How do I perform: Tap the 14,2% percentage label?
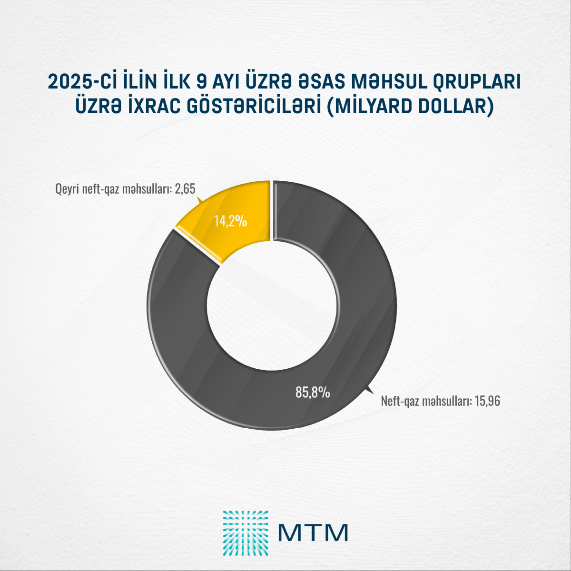(230, 221)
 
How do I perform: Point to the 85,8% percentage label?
(313, 393)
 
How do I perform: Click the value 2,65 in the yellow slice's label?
(185, 189)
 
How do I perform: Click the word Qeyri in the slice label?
(66, 189)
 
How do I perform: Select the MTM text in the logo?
(313, 532)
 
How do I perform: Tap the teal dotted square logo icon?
(245, 533)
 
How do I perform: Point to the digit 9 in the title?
(202, 82)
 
